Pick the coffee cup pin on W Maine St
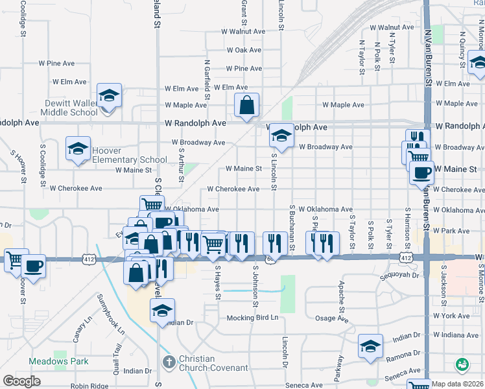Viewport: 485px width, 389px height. point(421,172)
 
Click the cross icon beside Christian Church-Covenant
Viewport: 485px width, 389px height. point(169,362)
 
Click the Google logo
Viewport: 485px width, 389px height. point(21,381)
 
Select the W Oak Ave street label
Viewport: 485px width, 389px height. point(244,50)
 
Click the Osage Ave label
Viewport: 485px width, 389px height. point(331,318)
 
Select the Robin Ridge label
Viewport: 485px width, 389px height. point(89,386)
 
